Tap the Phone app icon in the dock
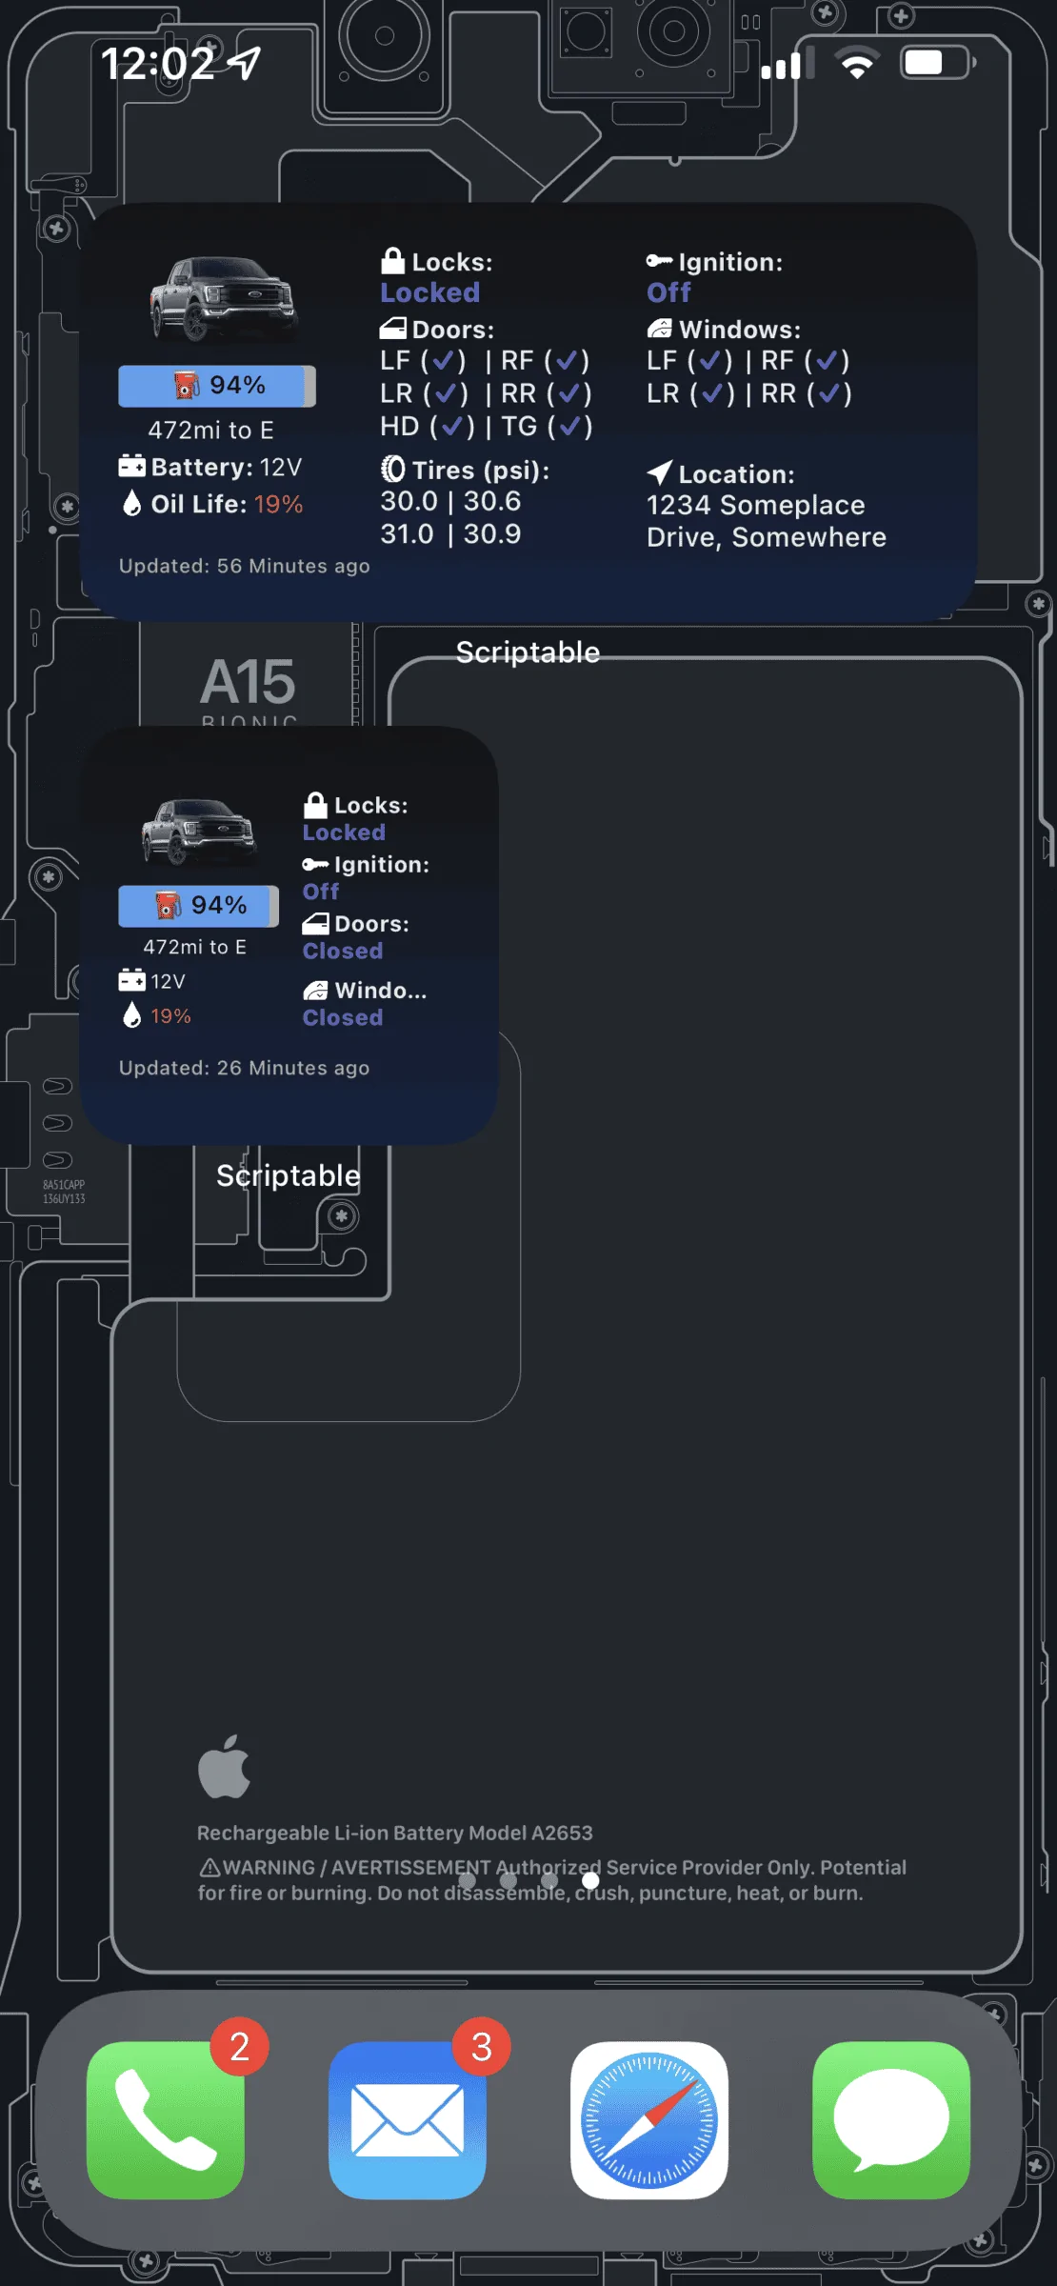tap(166, 2119)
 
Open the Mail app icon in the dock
tap(408, 2119)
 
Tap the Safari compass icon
tap(649, 2119)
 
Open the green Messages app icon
tap(891, 2119)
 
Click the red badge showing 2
tap(240, 2046)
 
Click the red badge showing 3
tap(482, 2046)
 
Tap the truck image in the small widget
tap(199, 832)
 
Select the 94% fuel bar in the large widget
tap(216, 386)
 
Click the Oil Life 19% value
tap(278, 504)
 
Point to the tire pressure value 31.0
tap(408, 533)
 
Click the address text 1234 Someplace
tap(755, 505)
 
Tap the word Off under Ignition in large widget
tap(668, 292)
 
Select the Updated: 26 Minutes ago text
tap(244, 1068)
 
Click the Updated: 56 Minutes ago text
tap(244, 566)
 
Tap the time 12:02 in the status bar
tap(158, 64)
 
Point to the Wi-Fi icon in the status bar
tap(857, 64)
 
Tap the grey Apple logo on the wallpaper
tap(225, 1768)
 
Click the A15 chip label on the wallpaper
tap(249, 682)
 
